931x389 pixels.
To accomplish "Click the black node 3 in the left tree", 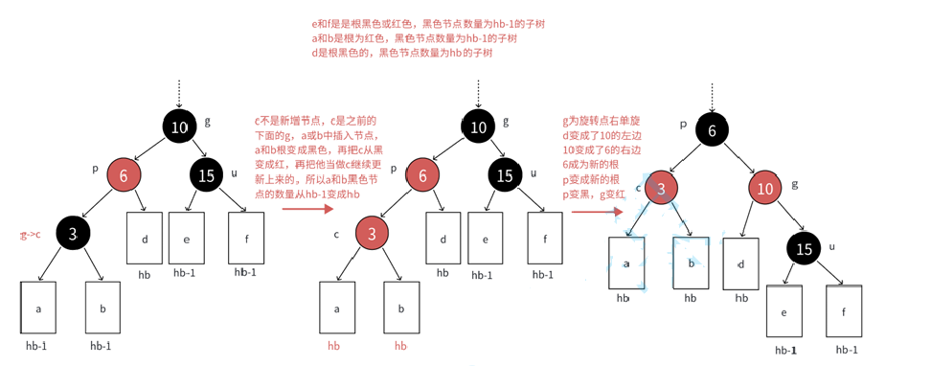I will click(74, 232).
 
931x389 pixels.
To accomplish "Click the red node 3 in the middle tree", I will click(373, 232).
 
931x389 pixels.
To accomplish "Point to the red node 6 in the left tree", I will click(124, 174).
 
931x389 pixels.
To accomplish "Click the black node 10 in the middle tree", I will click(479, 125).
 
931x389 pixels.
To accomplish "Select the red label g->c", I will click(30, 235).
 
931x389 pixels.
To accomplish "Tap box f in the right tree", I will click(843, 311).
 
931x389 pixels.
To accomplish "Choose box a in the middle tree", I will click(337, 308).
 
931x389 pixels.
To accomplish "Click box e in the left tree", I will click(186, 238).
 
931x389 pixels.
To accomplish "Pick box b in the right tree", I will click(690, 263).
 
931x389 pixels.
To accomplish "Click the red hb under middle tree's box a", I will click(333, 346).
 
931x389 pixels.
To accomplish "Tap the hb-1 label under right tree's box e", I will click(786, 351).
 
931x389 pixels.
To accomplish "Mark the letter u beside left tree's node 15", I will click(234, 172).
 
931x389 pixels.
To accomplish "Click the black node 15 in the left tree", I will click(206, 175).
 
